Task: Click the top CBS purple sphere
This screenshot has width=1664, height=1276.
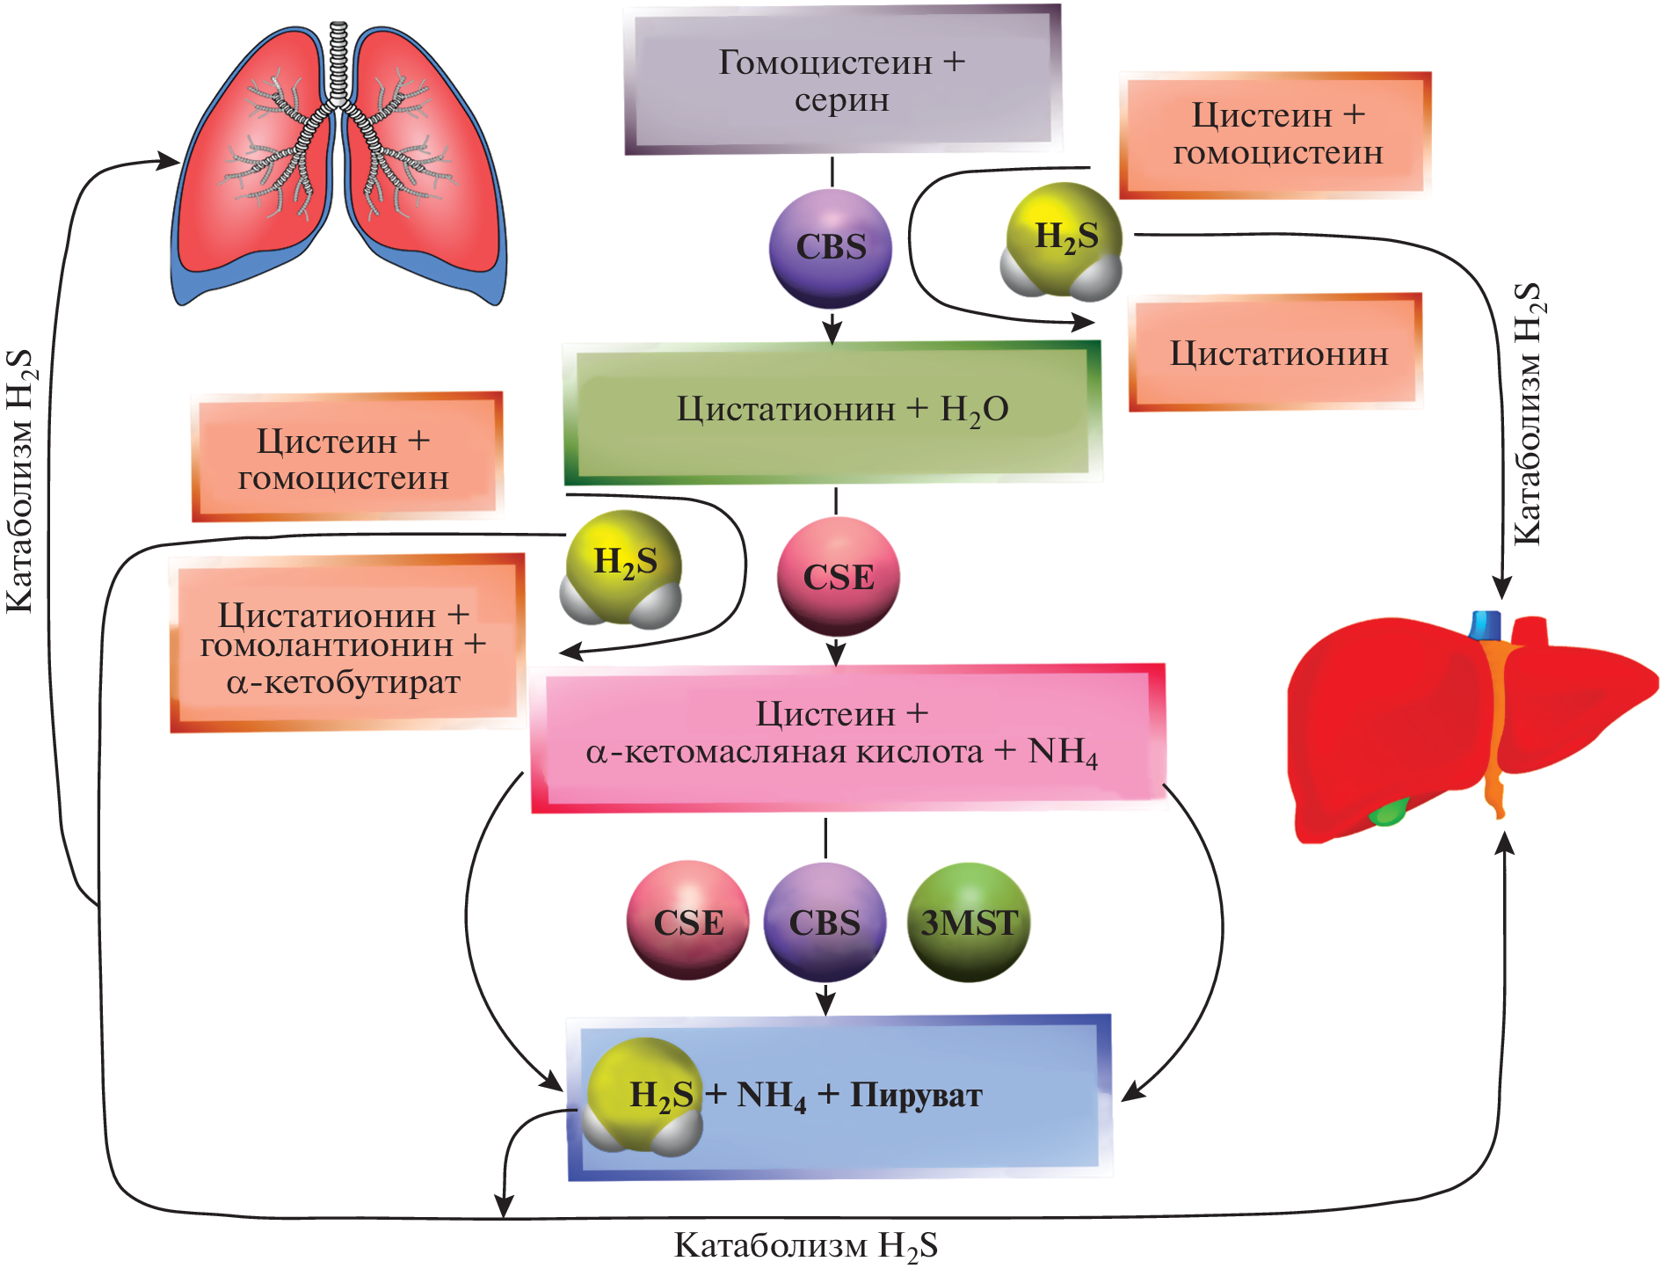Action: click(831, 248)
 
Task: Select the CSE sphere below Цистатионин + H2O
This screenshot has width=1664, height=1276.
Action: click(839, 576)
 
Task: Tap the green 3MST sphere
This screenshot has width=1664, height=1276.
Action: click(968, 922)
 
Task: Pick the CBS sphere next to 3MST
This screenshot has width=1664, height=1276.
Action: click(825, 922)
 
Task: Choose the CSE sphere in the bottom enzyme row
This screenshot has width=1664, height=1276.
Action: click(688, 922)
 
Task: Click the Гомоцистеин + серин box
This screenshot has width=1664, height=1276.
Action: click(841, 81)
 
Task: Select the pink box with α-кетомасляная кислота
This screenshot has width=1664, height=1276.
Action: click(847, 738)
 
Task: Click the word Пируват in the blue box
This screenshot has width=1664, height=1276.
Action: click(915, 1096)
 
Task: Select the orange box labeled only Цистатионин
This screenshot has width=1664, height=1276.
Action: click(1276, 354)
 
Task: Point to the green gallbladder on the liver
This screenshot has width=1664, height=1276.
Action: click(1388, 813)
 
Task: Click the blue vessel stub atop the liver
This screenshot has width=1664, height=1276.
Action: click(1486, 624)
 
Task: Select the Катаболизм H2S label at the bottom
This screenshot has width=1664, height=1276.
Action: click(805, 1246)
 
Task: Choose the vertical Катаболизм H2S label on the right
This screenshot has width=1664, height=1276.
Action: click(1528, 413)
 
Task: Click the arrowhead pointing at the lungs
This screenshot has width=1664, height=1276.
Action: click(171, 161)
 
